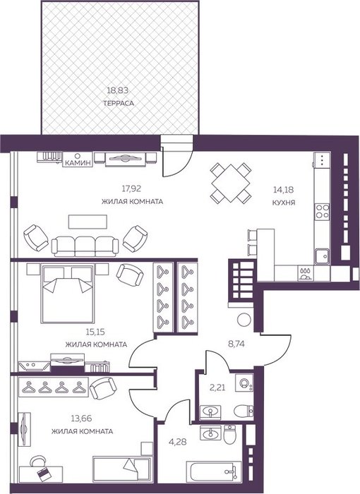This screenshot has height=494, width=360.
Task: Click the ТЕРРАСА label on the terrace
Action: click(x=118, y=103)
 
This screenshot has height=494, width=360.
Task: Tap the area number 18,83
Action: click(x=118, y=91)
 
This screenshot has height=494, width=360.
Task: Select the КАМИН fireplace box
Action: click(x=77, y=159)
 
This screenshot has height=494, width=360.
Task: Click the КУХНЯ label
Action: click(x=284, y=203)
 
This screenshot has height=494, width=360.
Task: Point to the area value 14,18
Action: click(x=283, y=190)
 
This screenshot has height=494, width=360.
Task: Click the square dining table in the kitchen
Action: click(x=231, y=183)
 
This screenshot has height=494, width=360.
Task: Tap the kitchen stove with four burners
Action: click(x=322, y=211)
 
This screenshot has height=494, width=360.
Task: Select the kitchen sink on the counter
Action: click(x=322, y=255)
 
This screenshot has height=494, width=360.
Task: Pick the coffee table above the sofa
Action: click(x=88, y=222)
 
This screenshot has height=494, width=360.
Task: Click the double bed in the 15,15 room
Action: click(x=67, y=294)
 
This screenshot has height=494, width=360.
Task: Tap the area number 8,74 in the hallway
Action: click(x=236, y=344)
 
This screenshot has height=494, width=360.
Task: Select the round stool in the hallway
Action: click(x=244, y=320)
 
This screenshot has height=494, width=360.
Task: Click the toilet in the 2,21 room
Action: click(x=244, y=410)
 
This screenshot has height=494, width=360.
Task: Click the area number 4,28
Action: click(x=178, y=442)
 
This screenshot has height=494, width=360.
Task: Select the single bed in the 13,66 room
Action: click(x=121, y=469)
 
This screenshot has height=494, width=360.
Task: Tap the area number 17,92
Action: click(x=131, y=188)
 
